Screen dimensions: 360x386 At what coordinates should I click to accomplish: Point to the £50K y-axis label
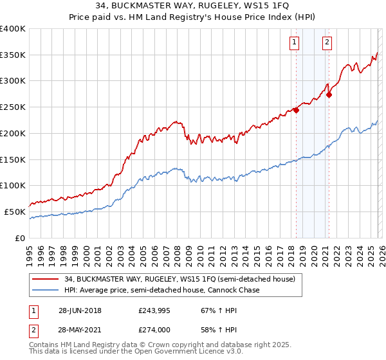(x=15, y=212)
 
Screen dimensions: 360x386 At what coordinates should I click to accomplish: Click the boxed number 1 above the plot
(x=295, y=43)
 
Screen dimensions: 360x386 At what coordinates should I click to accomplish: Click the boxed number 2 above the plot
(x=327, y=43)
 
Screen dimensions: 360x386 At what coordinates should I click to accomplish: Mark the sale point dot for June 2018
(x=296, y=110)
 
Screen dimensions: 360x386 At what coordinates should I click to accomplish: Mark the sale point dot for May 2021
(x=329, y=94)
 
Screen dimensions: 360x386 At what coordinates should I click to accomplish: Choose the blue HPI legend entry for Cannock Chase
(x=161, y=291)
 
